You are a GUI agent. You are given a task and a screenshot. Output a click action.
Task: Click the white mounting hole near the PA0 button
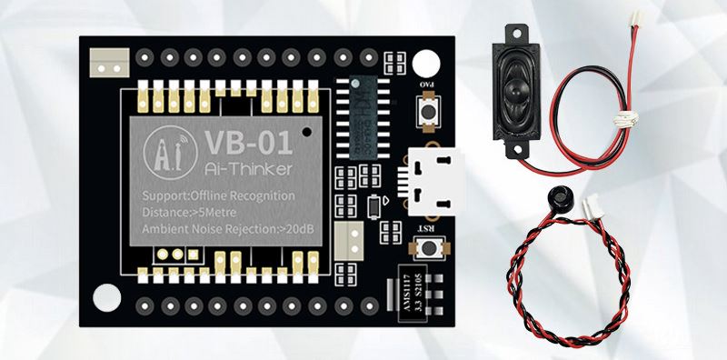click(425, 67)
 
